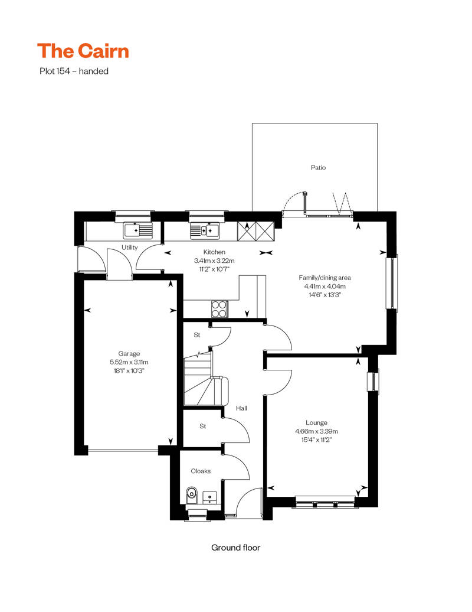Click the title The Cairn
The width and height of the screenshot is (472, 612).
(x=83, y=51)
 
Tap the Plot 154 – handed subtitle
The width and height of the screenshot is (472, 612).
(x=73, y=71)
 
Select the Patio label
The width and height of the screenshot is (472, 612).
(x=318, y=168)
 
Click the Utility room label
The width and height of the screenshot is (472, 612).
(x=130, y=248)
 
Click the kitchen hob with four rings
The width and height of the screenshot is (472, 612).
(x=219, y=308)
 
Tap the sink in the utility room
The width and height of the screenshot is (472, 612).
(x=137, y=230)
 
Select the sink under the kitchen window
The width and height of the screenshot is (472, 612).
(x=205, y=230)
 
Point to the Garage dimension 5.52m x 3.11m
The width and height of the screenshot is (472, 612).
(x=129, y=362)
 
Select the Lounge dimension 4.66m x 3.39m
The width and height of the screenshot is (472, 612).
(x=316, y=431)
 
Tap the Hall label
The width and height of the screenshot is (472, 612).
(x=241, y=408)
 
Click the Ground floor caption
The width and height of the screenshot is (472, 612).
(x=235, y=548)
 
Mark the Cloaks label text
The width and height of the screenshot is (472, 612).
(x=201, y=471)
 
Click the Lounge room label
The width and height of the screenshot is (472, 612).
(x=316, y=423)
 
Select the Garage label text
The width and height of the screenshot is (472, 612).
(x=129, y=354)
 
